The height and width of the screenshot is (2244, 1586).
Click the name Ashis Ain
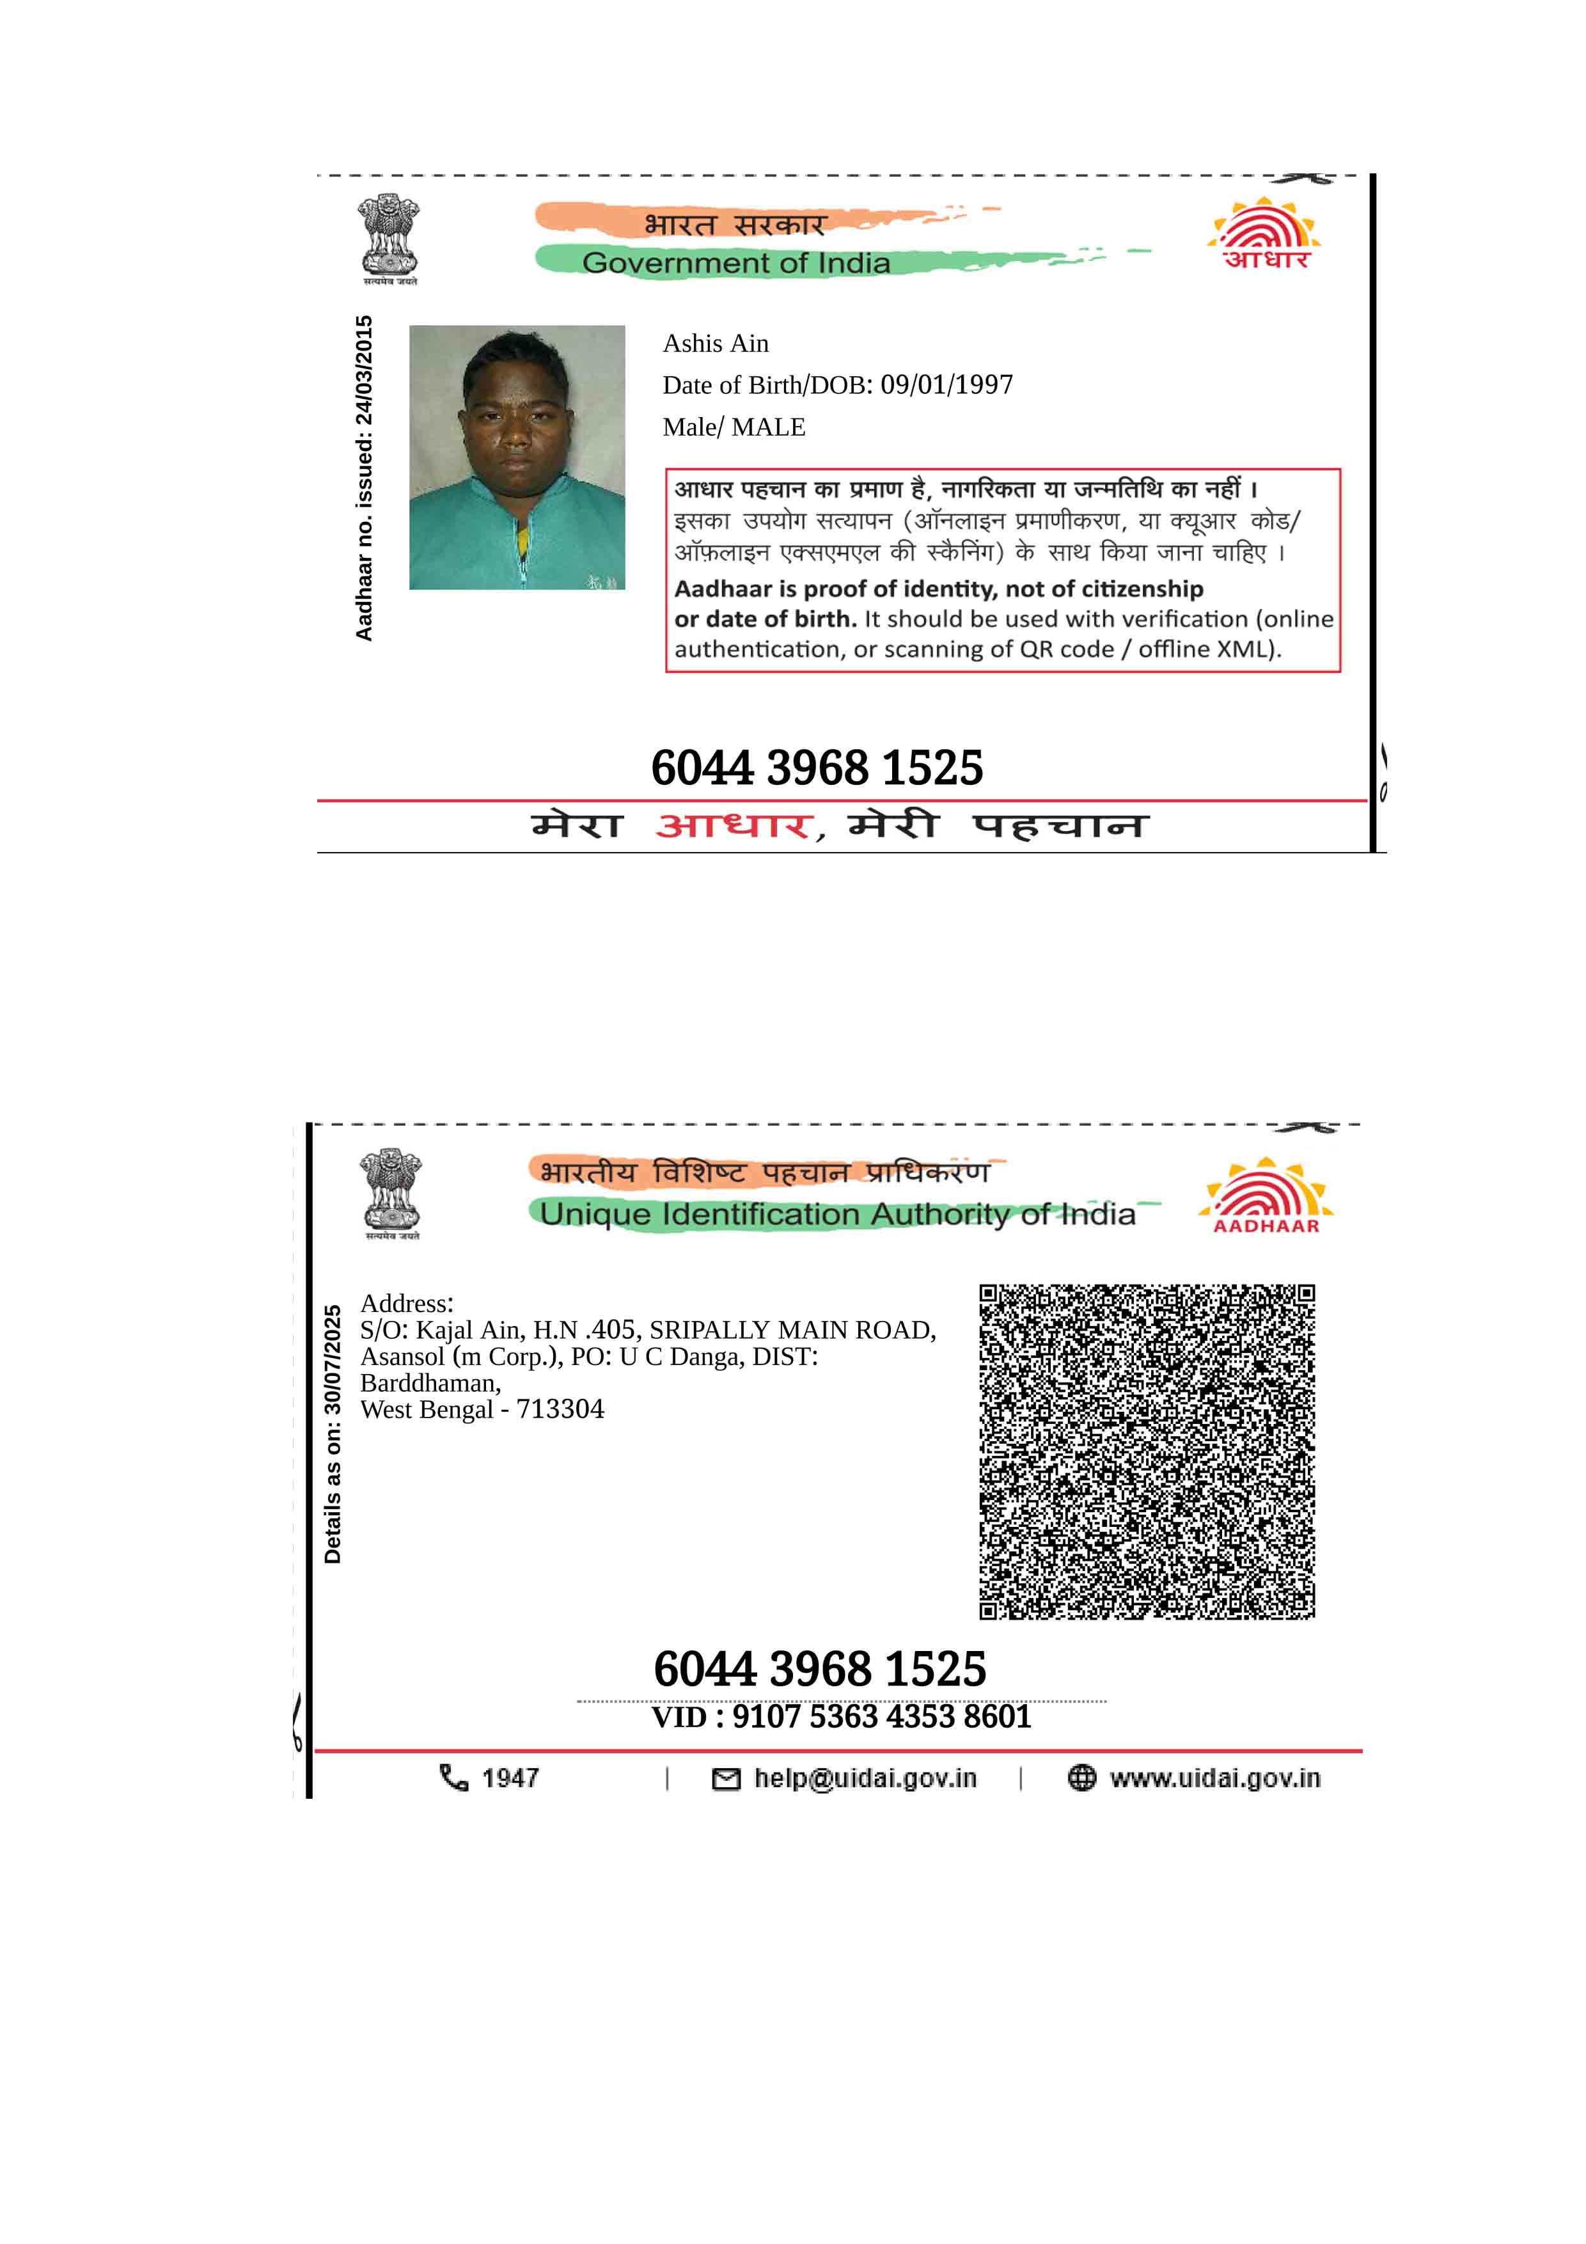pos(716,344)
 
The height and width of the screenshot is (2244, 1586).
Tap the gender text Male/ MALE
pos(734,427)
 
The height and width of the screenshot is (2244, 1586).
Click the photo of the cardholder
pos(517,457)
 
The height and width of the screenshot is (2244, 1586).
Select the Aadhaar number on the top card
pos(817,768)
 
